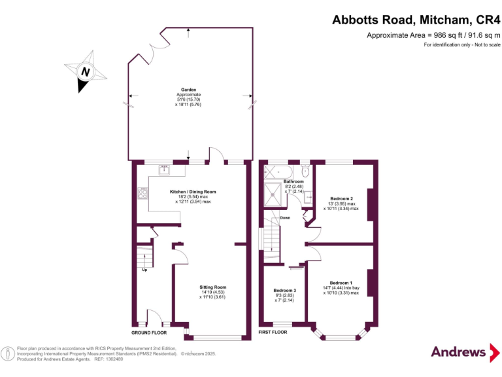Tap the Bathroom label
[293, 181]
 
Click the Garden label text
[188, 90]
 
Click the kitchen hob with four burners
[142, 193]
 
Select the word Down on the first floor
[285, 218]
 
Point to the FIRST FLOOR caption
[273, 332]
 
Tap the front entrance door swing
[155, 317]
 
